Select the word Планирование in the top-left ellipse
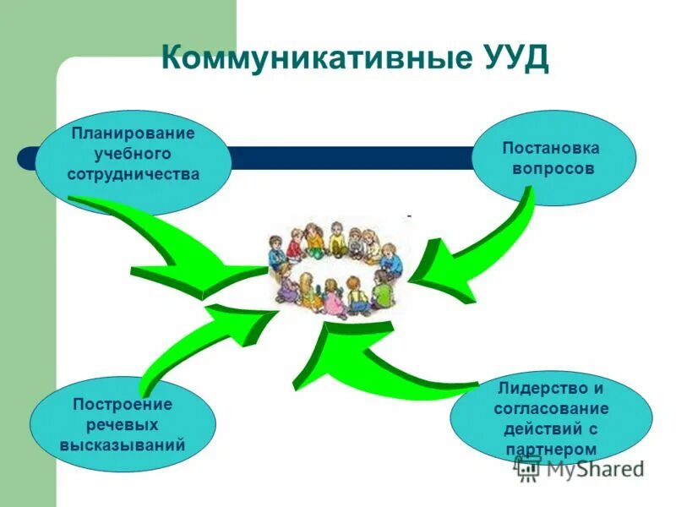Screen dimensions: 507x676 pyautogui.click(x=133, y=134)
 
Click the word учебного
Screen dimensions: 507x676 pyautogui.click(x=133, y=155)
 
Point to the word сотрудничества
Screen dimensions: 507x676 pyautogui.click(x=133, y=176)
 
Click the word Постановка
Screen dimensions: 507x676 pyautogui.click(x=551, y=148)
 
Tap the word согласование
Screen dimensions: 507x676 pyautogui.click(x=551, y=409)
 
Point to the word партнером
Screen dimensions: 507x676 pyautogui.click(x=551, y=450)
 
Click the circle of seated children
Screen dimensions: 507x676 pyautogui.click(x=338, y=266)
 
